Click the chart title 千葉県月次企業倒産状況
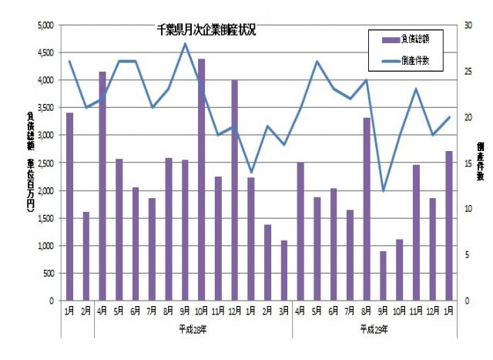[x=206, y=31]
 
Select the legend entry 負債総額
[x=413, y=39]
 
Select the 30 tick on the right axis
[x=467, y=25]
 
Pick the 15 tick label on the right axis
[x=467, y=163]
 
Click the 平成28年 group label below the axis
[x=193, y=329]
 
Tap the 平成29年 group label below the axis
[x=375, y=329]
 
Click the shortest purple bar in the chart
[x=383, y=275]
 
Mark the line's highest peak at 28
[x=185, y=43]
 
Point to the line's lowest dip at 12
[x=383, y=190]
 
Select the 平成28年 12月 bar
[x=234, y=190]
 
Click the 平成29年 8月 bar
[x=367, y=208]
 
